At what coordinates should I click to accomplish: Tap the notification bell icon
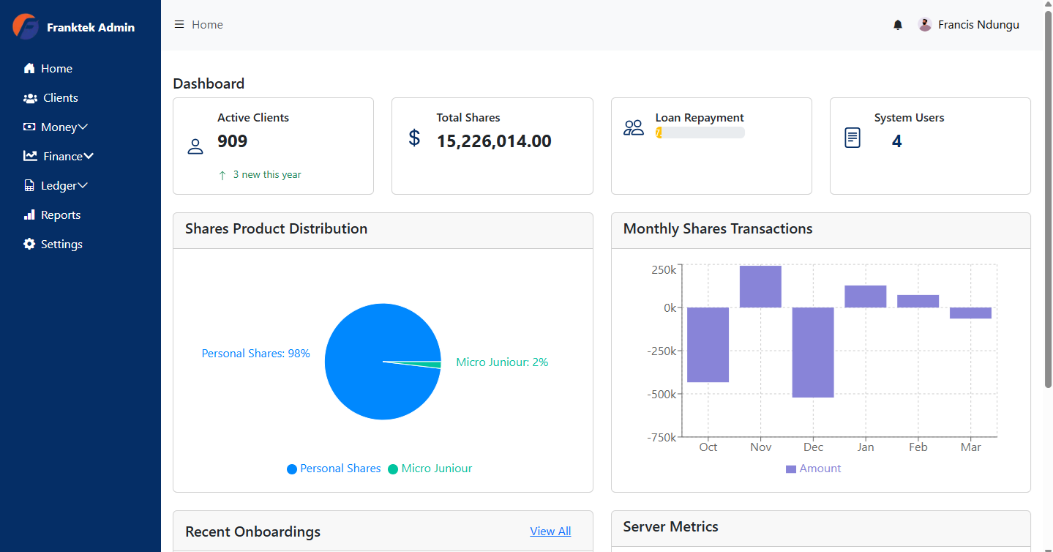coord(898,25)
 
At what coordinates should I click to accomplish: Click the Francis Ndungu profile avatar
coord(925,25)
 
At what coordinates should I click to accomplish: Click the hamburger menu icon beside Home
coord(179,25)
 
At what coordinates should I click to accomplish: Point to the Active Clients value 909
coord(233,141)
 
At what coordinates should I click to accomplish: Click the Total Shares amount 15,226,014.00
coord(494,141)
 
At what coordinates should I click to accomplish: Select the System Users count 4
coord(896,141)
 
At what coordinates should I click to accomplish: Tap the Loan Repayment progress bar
coord(700,133)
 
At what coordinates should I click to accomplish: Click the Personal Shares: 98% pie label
coord(255,354)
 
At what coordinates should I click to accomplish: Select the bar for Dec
coord(813,352)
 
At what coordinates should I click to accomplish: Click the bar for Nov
coord(760,286)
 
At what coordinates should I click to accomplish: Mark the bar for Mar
coord(970,313)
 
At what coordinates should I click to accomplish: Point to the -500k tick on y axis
coord(662,395)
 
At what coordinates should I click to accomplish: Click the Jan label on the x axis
coord(866,447)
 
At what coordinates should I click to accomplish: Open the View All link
coord(550,532)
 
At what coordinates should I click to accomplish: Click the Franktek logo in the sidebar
coord(26,27)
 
